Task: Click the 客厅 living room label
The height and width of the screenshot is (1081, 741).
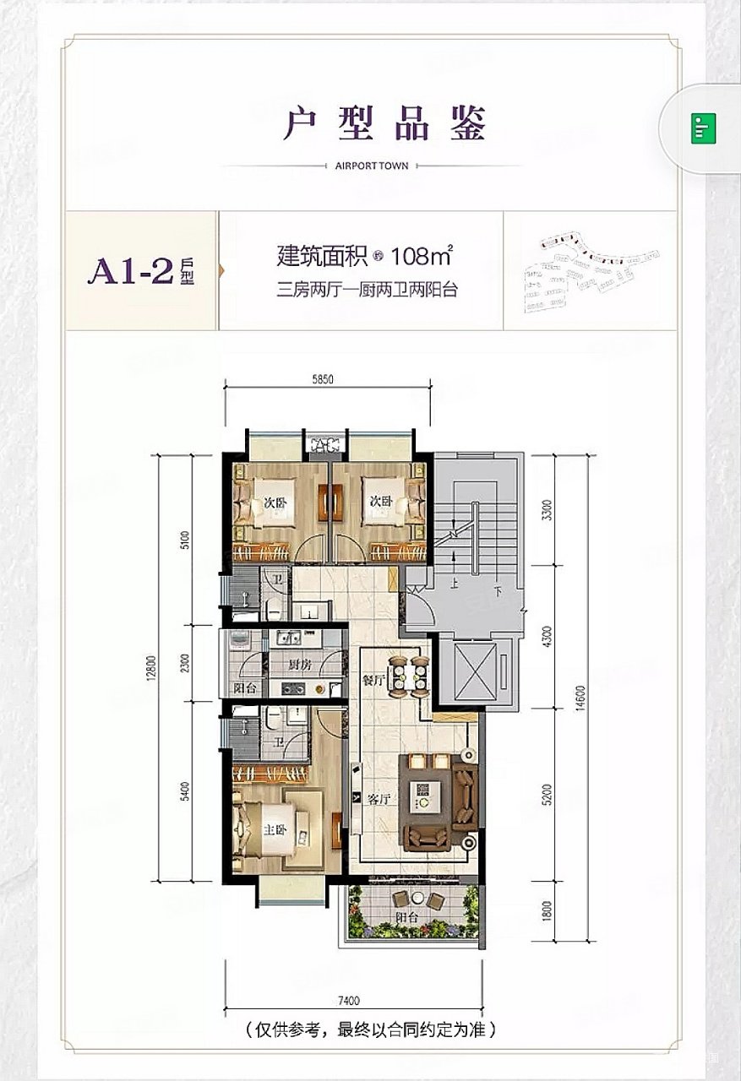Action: tap(377, 799)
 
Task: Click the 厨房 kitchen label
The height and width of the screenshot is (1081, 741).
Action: tap(300, 665)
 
